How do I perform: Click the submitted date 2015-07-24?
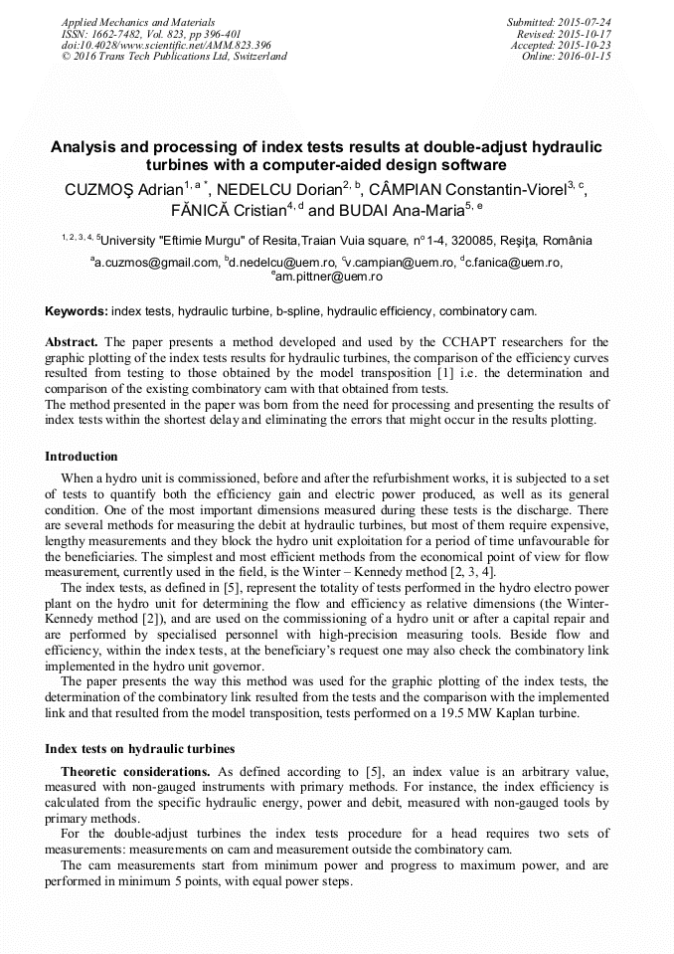click(586, 22)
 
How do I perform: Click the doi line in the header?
click(166, 46)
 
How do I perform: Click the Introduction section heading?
click(82, 457)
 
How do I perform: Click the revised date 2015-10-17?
click(589, 34)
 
